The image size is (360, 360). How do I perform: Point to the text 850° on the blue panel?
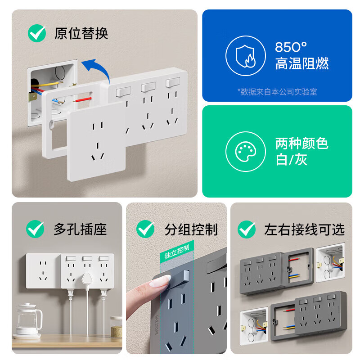tap(291, 47)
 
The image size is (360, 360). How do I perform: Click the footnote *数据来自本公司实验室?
tap(277, 92)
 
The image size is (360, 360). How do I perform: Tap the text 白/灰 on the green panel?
tap(291, 160)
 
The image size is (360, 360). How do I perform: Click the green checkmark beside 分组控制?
tap(145, 229)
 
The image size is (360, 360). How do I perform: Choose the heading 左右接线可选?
tap(304, 229)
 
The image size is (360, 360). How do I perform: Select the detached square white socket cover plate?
tap(97, 140)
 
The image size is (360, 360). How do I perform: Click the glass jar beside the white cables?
tap(116, 326)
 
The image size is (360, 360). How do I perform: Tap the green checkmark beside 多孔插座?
tap(35, 229)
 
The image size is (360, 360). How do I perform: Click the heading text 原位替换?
tap(81, 33)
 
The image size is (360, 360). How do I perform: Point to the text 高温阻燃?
tap(301, 63)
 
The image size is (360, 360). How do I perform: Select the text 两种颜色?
tap(301, 144)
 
